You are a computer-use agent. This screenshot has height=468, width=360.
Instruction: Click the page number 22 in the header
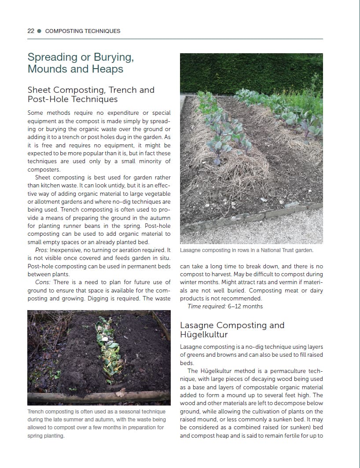point(31,31)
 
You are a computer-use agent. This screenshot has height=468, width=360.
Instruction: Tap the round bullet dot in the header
point(40,31)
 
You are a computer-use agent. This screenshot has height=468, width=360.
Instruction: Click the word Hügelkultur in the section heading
point(204,335)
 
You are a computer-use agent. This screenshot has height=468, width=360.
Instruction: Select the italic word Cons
point(43,282)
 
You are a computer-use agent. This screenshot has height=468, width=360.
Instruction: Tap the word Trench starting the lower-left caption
point(37,412)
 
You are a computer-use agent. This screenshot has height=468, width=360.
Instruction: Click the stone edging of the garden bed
point(246,218)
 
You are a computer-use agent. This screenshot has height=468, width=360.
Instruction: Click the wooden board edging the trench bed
point(97,396)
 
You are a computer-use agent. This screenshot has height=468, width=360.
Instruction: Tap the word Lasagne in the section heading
point(197,325)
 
